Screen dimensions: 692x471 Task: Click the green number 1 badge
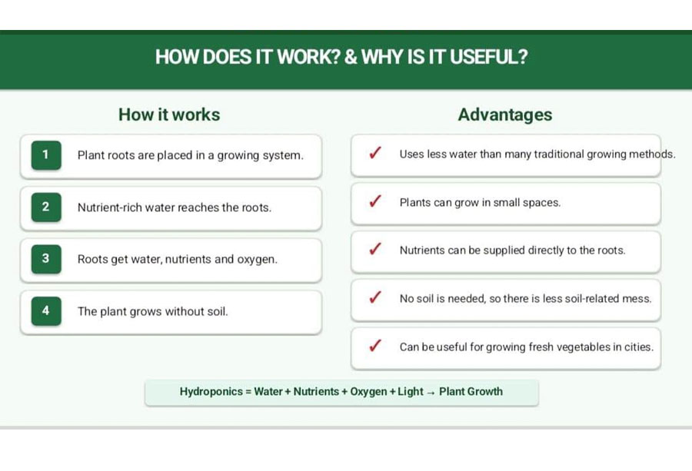point(46,154)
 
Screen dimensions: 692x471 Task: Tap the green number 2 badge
point(46,207)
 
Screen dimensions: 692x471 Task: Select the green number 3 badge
point(46,259)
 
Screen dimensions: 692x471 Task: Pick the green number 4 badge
point(46,311)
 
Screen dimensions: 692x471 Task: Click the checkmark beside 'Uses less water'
point(375,153)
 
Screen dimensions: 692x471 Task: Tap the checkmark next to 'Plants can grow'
point(375,201)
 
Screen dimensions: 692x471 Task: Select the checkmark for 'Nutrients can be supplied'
point(375,249)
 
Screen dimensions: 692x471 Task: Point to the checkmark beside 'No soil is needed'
point(375,297)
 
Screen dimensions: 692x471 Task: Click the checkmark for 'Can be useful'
point(375,345)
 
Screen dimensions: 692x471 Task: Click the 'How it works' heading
point(169,114)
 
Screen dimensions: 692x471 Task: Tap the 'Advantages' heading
point(505,114)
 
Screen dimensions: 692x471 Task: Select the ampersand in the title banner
point(351,57)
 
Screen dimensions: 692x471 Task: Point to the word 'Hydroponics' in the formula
point(211,392)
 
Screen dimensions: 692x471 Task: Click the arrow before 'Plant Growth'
point(431,393)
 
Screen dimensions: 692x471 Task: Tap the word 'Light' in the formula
point(411,392)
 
